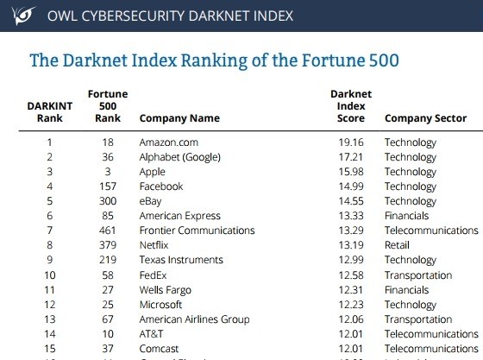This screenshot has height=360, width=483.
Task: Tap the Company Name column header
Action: click(179, 118)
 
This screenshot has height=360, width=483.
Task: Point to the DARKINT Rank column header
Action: click(49, 111)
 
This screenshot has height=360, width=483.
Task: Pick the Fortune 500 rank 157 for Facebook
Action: click(108, 186)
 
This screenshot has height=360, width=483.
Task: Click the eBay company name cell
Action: click(150, 201)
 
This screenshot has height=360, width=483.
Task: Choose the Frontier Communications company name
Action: click(197, 231)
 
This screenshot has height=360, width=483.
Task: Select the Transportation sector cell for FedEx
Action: click(417, 275)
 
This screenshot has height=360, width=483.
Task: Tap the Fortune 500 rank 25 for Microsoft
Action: click(108, 305)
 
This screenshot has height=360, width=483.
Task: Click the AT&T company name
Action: click(152, 334)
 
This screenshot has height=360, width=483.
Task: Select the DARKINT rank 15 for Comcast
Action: click(49, 349)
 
